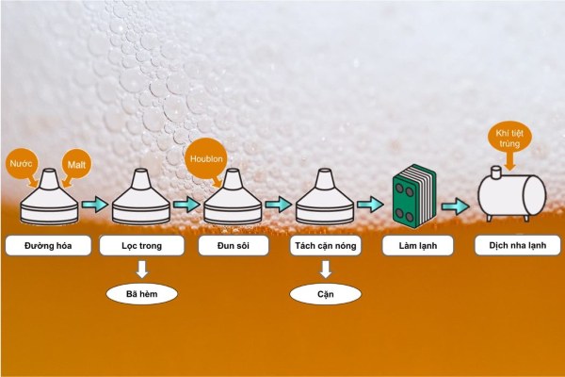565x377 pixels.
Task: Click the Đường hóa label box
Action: (51, 246)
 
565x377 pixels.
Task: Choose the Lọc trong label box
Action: (143, 246)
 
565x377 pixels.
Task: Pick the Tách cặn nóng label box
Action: (325, 246)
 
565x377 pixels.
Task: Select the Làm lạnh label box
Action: (418, 246)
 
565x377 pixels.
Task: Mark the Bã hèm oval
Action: (143, 294)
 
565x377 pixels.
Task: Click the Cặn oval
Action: (325, 294)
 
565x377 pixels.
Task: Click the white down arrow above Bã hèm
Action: (143, 270)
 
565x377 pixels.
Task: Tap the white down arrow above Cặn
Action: (325, 270)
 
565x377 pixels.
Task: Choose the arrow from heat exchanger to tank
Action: (457, 205)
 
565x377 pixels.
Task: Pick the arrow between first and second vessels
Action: (94, 204)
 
